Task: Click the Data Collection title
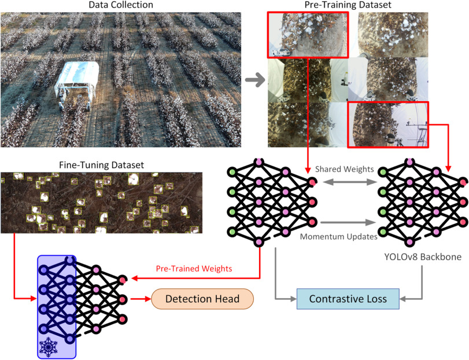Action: click(x=121, y=5)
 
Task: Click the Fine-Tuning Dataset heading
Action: click(x=102, y=165)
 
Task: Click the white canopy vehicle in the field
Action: click(x=77, y=87)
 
